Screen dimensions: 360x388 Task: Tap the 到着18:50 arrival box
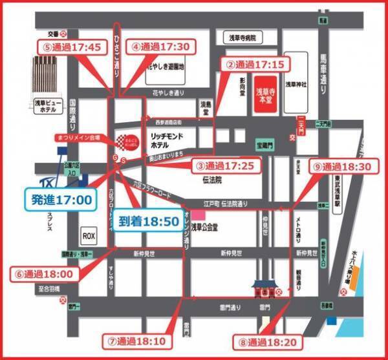(x=148, y=220)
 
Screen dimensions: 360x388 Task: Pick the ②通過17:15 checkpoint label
(x=255, y=65)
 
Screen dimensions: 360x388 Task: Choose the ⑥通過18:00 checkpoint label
(x=45, y=273)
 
